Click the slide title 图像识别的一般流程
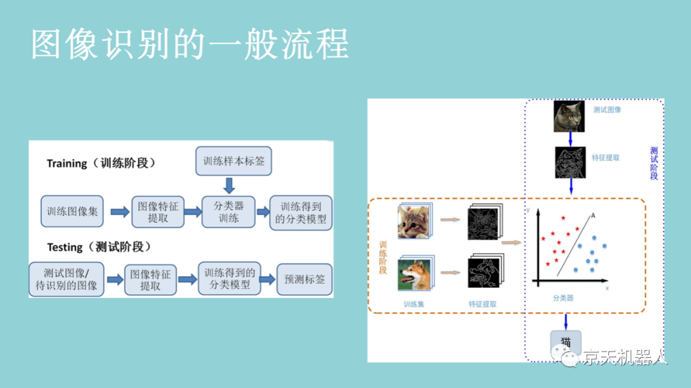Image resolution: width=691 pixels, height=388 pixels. click(190, 45)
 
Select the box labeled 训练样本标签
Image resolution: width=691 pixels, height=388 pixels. click(234, 161)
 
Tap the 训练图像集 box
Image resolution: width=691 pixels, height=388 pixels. click(72, 212)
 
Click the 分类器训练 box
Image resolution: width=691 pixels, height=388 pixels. click(229, 212)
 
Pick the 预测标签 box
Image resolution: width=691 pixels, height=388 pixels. click(305, 279)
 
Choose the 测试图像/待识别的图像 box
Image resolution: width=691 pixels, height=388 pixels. click(67, 279)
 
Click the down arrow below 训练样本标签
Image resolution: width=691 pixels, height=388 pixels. click(229, 185)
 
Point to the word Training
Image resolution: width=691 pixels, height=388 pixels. click(67, 164)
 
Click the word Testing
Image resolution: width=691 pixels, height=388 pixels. click(65, 247)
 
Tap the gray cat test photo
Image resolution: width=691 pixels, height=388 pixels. click(569, 117)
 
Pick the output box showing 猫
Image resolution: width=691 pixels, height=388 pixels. click(566, 341)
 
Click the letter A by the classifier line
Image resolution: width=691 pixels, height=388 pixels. click(593, 216)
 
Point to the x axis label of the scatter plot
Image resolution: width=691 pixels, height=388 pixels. click(607, 289)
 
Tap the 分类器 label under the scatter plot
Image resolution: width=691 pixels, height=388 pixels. click(563, 298)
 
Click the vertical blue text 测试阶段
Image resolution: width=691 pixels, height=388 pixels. click(653, 163)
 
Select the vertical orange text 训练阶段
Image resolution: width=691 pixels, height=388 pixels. click(383, 258)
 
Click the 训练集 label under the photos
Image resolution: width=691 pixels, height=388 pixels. click(413, 304)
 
